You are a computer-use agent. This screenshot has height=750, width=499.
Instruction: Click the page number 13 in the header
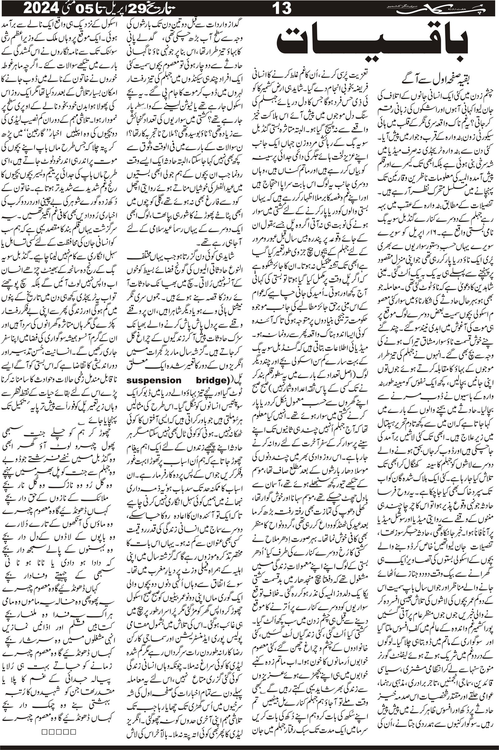point(282,8)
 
